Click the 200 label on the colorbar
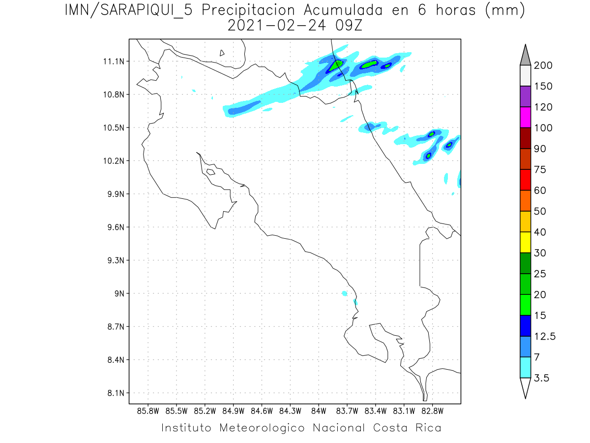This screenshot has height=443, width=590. pyautogui.click(x=543, y=65)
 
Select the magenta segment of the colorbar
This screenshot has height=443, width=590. pyautogui.click(x=525, y=117)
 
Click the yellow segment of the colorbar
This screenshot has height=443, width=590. pyautogui.click(x=525, y=242)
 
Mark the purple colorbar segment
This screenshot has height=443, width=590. pyautogui.click(x=525, y=96)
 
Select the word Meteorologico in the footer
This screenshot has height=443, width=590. pyautogui.click(x=263, y=427)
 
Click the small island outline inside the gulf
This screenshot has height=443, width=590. pyautogui.click(x=210, y=172)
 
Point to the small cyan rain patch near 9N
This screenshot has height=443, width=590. pyautogui.click(x=344, y=293)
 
